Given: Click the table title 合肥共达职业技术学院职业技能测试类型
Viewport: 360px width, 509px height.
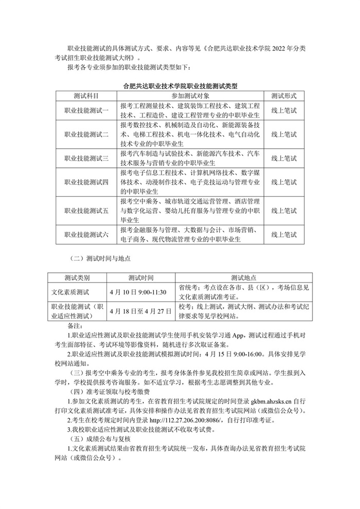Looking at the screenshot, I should click(181, 86).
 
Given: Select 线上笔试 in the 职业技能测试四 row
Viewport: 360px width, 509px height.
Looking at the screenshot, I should click(284, 182).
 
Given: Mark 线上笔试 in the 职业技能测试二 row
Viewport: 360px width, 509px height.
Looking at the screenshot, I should click(284, 134).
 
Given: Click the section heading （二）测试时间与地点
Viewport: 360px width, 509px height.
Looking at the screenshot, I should click(100, 258).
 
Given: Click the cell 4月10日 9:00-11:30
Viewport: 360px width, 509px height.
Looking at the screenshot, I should click(138, 292).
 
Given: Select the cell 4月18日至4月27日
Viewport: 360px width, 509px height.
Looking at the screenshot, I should click(138, 311).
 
